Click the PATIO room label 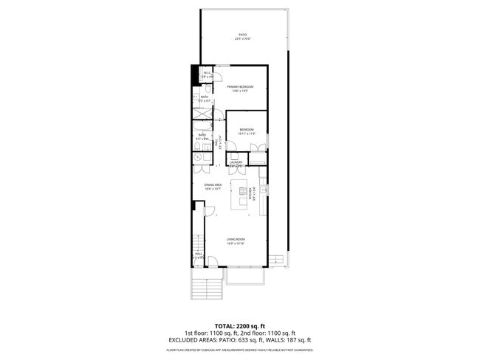click(x=243, y=35)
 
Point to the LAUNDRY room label click(x=236, y=163)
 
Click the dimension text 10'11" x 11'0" click(x=247, y=134)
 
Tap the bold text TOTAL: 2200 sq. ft click(x=240, y=325)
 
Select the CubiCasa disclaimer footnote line click(x=240, y=350)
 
